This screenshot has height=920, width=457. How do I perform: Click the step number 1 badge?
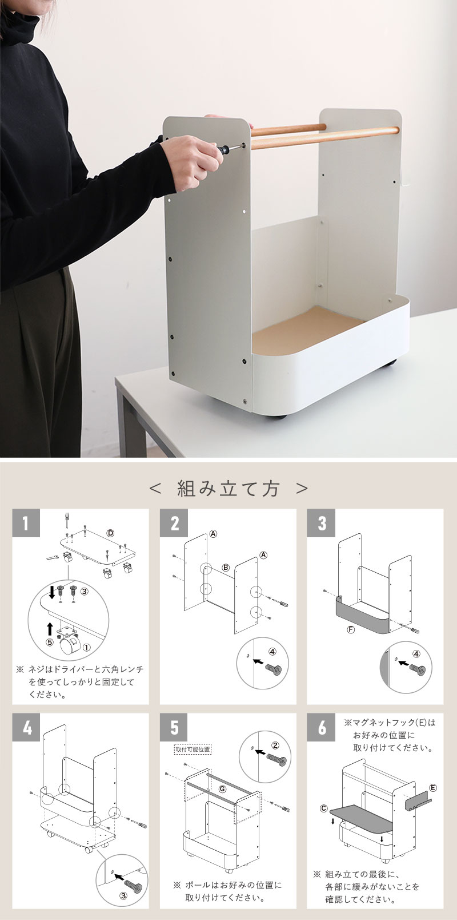click(26, 523)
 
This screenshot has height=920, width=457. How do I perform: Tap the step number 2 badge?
click(174, 523)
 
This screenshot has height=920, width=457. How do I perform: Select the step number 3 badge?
click(321, 523)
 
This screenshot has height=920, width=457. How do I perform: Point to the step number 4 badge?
click(26, 727)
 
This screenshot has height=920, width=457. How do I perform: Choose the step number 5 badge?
click(174, 727)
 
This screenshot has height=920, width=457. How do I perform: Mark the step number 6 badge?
click(321, 727)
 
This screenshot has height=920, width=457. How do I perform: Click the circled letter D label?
click(110, 533)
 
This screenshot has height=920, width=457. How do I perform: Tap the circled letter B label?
click(226, 568)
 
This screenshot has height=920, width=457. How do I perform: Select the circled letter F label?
click(351, 629)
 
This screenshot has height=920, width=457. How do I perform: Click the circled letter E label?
click(433, 788)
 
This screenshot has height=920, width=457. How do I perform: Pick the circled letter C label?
click(324, 808)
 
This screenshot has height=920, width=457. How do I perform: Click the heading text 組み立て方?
click(228, 489)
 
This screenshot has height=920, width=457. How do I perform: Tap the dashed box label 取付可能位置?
click(193, 749)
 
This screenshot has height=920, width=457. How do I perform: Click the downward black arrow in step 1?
click(51, 592)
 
